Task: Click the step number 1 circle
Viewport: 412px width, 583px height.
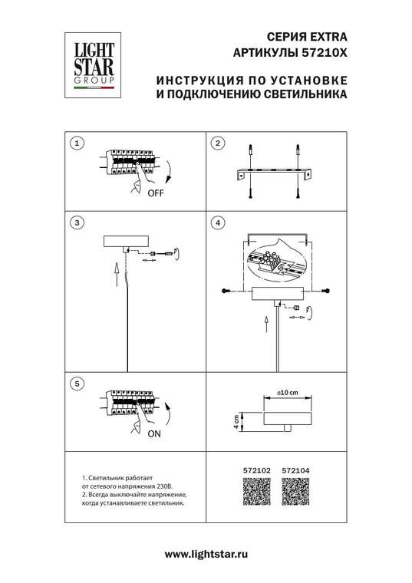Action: (x=76, y=143)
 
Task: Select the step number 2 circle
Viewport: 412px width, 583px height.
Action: (x=218, y=143)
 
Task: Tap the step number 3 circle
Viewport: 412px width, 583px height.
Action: (x=76, y=223)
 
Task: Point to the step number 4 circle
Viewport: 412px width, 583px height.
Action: (x=218, y=223)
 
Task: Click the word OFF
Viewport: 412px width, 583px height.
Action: (x=156, y=194)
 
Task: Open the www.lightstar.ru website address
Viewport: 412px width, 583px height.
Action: (x=206, y=554)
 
